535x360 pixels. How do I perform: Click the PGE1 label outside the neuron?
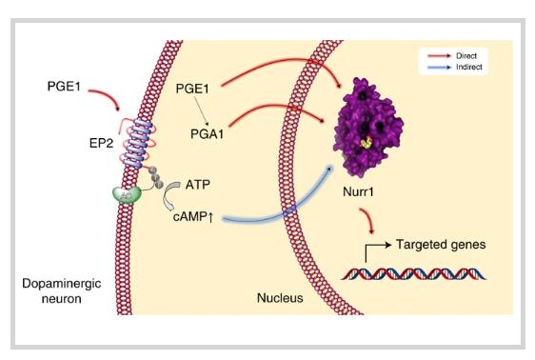click(64, 86)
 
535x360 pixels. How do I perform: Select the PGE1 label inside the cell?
click(192, 89)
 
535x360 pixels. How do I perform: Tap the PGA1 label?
click(208, 133)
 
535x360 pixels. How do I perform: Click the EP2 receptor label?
click(101, 143)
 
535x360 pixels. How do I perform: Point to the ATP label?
click(198, 185)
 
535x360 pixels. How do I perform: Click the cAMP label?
click(193, 217)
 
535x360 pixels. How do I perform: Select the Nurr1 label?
click(358, 191)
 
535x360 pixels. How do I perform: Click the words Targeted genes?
click(441, 245)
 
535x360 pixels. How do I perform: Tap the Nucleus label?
click(280, 298)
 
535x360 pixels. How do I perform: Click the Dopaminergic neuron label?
click(62, 290)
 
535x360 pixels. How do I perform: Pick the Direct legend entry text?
click(466, 55)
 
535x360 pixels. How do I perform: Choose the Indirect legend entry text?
click(468, 67)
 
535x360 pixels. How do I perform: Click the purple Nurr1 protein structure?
click(367, 127)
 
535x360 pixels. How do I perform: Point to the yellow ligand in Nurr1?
click(367, 142)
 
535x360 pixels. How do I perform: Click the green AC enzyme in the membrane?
click(127, 195)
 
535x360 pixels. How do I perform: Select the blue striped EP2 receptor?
click(137, 143)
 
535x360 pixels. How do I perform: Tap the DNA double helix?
click(413, 274)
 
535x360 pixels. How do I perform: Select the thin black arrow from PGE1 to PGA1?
click(201, 111)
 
